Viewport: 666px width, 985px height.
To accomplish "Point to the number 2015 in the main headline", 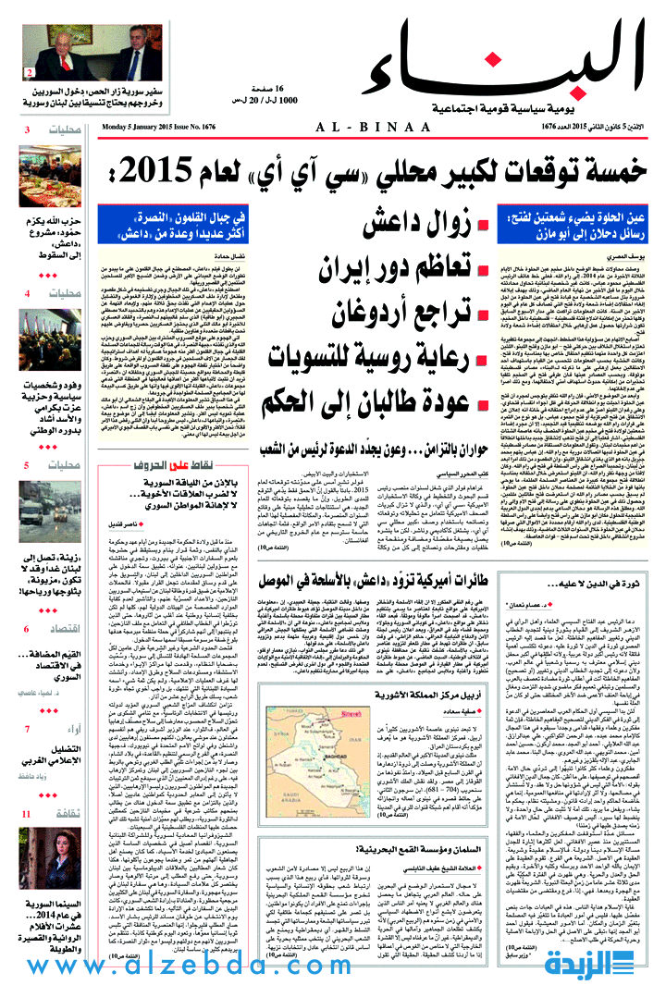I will (154, 172).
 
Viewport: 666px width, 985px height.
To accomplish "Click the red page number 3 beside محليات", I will (28, 130).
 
